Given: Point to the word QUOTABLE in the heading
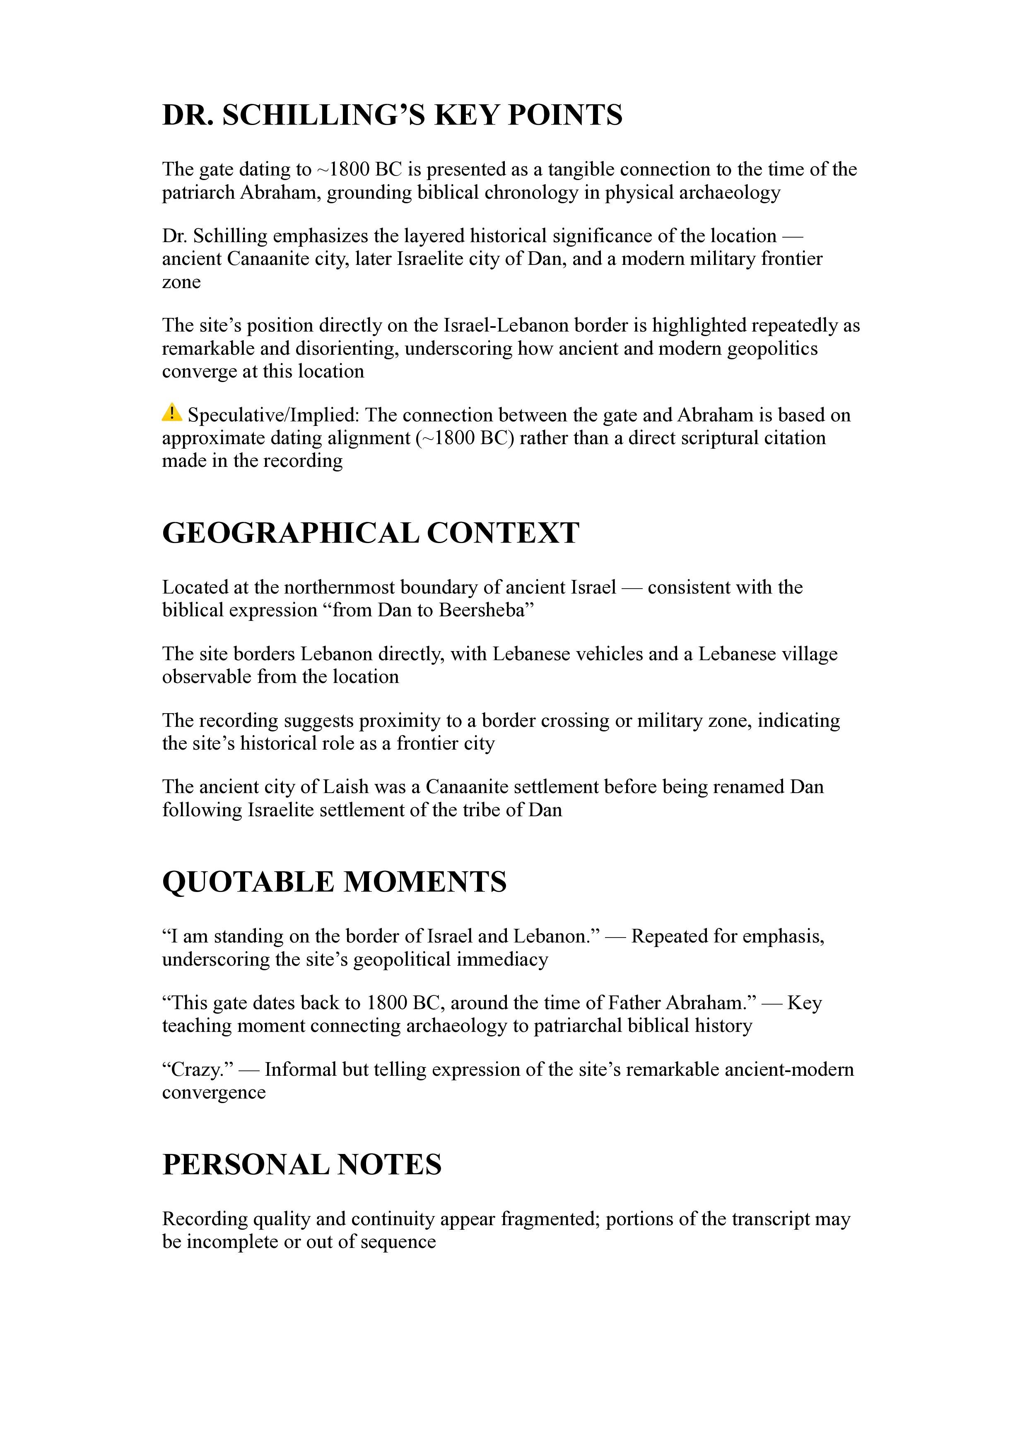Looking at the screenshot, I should coord(248,882).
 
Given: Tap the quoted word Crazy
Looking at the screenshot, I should coord(198,1070).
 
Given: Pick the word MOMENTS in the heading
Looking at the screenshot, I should coord(424,882).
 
